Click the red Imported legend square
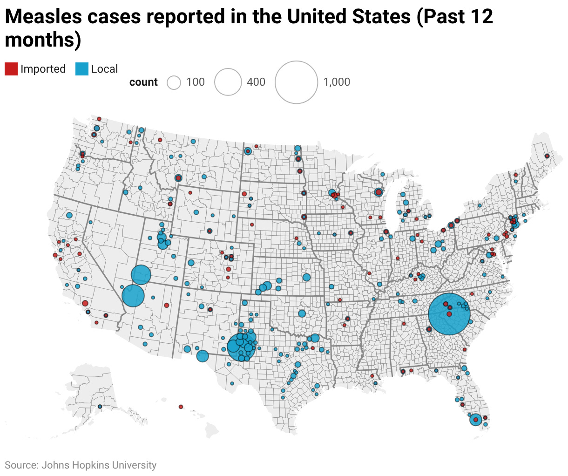pos(11,69)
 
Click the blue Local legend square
pos(81,69)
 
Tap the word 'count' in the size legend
pos(143,82)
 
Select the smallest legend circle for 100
pos(174,83)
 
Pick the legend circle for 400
pos(228,82)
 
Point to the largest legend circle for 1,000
pos(296,82)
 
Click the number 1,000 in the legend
pos(336,82)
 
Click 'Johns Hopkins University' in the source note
pos(99,465)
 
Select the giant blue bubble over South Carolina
pos(449,314)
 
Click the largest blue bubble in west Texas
pos(241,346)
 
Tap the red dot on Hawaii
pos(181,407)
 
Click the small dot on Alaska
pos(100,407)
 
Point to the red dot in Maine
pos(547,156)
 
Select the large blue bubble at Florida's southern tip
pos(475,420)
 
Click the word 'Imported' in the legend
pos(43,69)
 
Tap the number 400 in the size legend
pos(256,82)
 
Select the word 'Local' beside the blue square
pos(104,69)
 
